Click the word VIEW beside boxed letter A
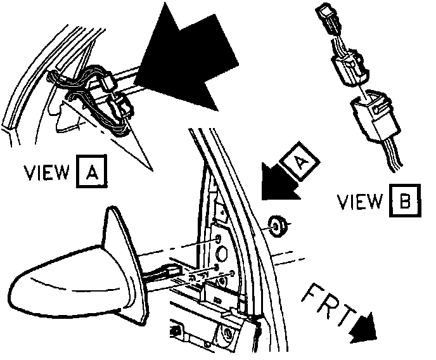[x=47, y=172]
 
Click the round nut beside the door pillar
[x=278, y=225]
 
